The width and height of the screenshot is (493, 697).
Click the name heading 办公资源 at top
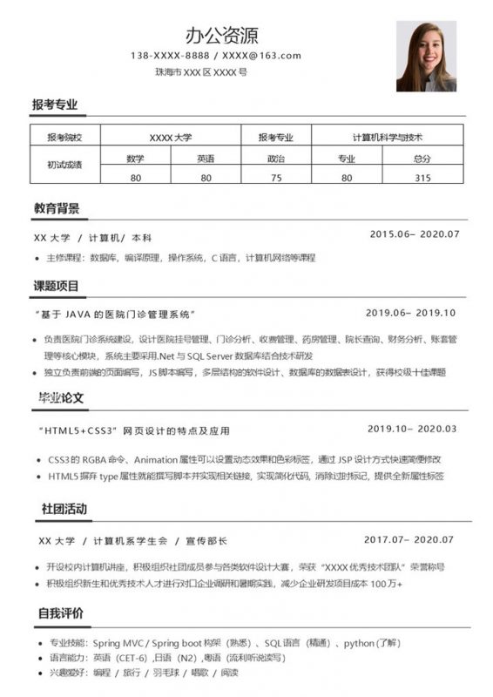click(222, 35)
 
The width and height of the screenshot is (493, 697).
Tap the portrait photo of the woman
click(426, 56)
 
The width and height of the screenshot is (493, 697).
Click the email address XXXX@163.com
click(261, 56)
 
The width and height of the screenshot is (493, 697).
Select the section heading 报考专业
click(55, 105)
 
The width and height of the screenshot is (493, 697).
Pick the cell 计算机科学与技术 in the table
click(387, 138)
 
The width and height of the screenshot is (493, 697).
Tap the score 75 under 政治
click(276, 178)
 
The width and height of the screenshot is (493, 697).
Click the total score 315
click(422, 178)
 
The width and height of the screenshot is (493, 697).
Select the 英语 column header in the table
click(206, 159)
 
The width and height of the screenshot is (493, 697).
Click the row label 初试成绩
click(64, 165)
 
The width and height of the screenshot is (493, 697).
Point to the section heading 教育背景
click(57, 209)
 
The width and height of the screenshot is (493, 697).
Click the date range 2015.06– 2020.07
click(414, 234)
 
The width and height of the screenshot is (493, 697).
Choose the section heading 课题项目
click(57, 286)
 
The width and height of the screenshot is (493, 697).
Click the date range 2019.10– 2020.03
click(412, 429)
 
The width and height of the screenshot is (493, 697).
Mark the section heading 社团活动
click(64, 509)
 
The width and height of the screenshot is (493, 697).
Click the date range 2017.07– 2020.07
click(409, 540)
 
